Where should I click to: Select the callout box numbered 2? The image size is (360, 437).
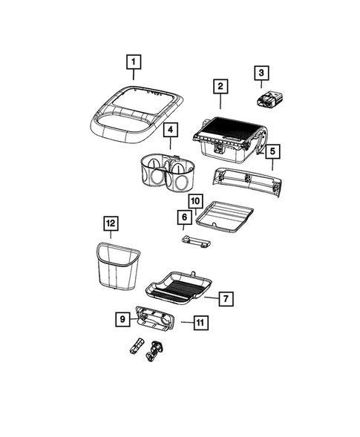220,87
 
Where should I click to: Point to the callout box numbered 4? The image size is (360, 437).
170,131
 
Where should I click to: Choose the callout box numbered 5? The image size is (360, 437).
273,151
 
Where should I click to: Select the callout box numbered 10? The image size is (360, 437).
195,200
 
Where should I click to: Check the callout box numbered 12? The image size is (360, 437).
111,223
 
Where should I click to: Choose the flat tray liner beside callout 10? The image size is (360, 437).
225,215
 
